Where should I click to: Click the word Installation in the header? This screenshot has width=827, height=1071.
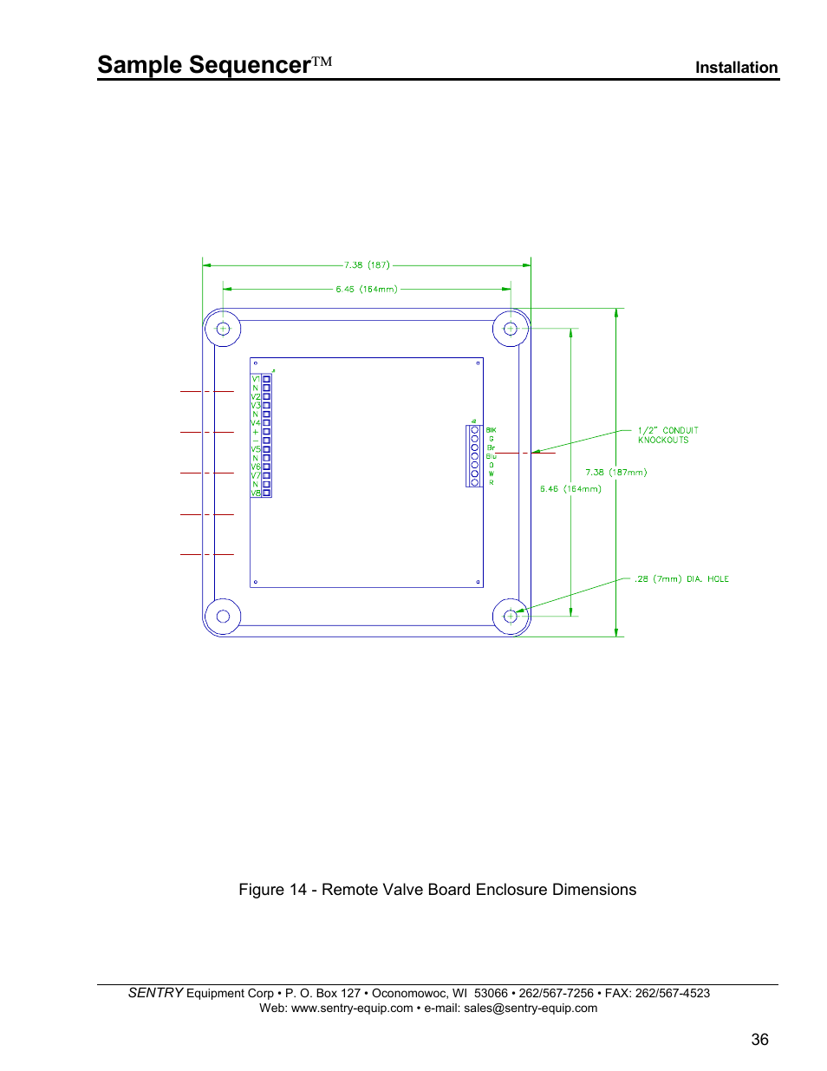(x=736, y=68)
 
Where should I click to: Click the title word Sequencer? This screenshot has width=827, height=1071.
(x=250, y=65)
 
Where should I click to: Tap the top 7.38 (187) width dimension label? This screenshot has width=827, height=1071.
(x=367, y=265)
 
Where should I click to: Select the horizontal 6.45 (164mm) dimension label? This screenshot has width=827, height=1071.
(x=367, y=290)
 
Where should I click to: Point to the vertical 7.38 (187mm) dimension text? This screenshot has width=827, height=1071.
(x=615, y=473)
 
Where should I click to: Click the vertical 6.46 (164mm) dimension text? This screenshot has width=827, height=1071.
(x=570, y=489)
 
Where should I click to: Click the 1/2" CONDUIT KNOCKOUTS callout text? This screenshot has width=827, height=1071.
(x=667, y=435)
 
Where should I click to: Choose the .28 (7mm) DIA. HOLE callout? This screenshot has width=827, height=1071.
(x=681, y=579)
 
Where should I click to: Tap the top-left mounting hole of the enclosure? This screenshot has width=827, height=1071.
(x=223, y=329)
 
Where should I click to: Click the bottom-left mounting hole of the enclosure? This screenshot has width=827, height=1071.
(x=223, y=617)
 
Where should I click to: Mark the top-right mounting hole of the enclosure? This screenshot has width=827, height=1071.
(x=511, y=329)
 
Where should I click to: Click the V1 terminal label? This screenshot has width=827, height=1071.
(x=256, y=379)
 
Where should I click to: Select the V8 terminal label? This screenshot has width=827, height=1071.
(x=256, y=493)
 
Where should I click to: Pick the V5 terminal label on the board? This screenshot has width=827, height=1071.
(x=256, y=449)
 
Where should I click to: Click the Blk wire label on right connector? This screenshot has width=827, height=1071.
(x=492, y=430)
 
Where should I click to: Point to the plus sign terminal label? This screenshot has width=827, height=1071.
(x=256, y=432)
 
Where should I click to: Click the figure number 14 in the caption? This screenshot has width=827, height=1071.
(x=298, y=890)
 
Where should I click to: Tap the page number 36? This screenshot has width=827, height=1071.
(x=759, y=1039)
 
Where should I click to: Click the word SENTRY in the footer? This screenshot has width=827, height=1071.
(x=156, y=993)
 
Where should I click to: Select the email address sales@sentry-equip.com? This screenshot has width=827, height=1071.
(x=531, y=1008)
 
